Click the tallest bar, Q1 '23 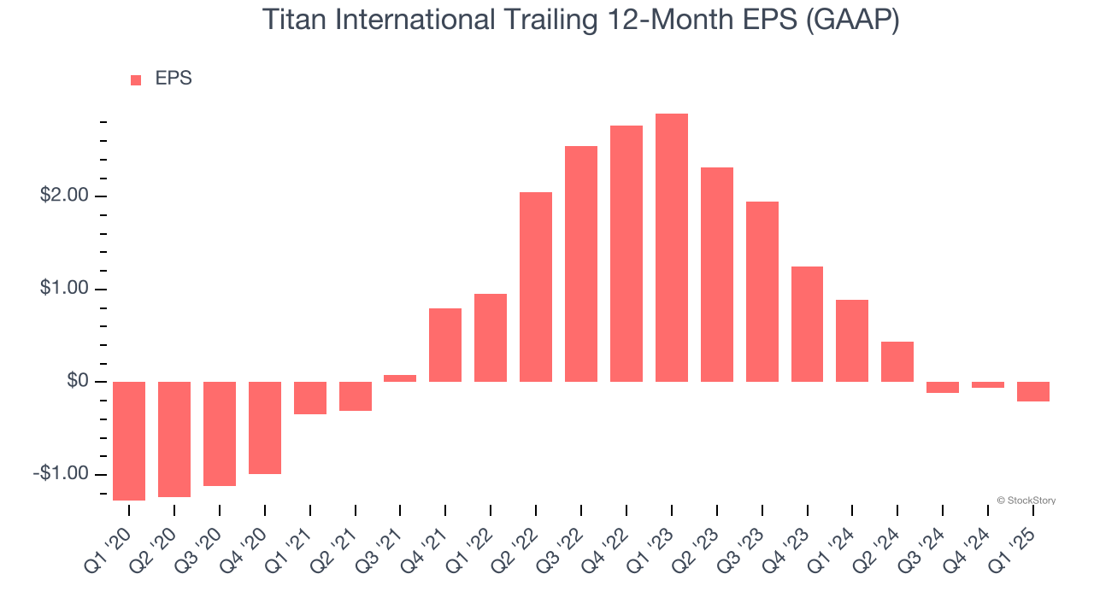671,248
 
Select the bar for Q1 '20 129,441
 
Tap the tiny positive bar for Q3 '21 400,378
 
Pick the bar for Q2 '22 536,287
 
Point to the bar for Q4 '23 807,324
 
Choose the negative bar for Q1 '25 1033,391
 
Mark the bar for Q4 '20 265,428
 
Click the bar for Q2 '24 897,361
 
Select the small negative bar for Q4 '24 988,384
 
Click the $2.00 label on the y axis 64,196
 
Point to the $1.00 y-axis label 64,289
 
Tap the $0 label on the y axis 78,381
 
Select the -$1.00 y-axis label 62,474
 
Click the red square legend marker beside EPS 136,80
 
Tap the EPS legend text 174,79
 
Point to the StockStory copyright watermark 1026,501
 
